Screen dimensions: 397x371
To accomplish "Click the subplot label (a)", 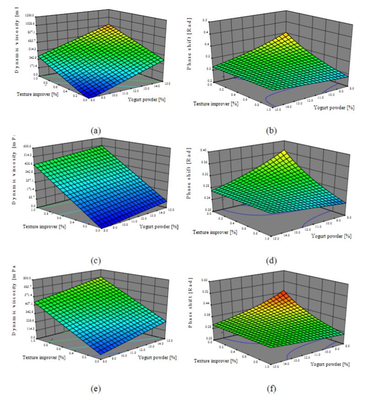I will tap(96, 130).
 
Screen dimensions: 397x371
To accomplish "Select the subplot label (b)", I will tap(270, 130).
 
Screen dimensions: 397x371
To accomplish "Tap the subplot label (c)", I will tap(96, 261).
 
